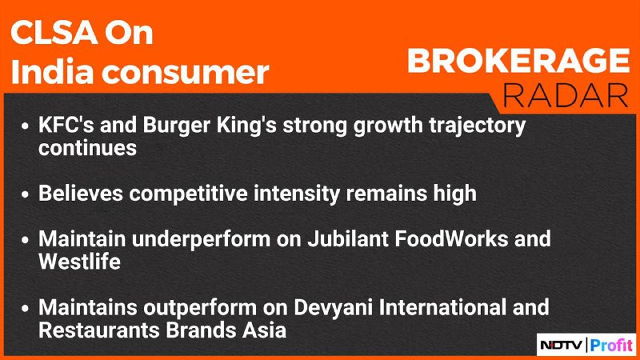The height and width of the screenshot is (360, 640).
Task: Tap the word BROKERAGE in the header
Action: pyautogui.click(x=518, y=61)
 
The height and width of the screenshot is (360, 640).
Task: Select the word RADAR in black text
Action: pyautogui.click(x=566, y=96)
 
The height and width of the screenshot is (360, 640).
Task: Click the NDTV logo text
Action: pyautogui.click(x=562, y=346)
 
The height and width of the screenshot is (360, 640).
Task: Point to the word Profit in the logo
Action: pyautogui.click(x=611, y=346)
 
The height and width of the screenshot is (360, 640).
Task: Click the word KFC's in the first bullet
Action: pyautogui.click(x=66, y=125)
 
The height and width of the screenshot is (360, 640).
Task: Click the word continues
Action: pyautogui.click(x=87, y=148)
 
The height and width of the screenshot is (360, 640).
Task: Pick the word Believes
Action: pyautogui.click(x=81, y=193)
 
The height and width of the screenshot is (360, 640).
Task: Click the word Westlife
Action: pyautogui.click(x=79, y=262)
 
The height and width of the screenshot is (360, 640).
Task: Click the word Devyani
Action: pyautogui.click(x=333, y=309)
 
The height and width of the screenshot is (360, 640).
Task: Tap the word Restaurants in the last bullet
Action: pyautogui.click(x=98, y=330)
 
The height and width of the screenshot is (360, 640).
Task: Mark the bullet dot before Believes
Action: pyautogui.click(x=26, y=194)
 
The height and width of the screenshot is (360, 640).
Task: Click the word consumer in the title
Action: pyautogui.click(x=185, y=73)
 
